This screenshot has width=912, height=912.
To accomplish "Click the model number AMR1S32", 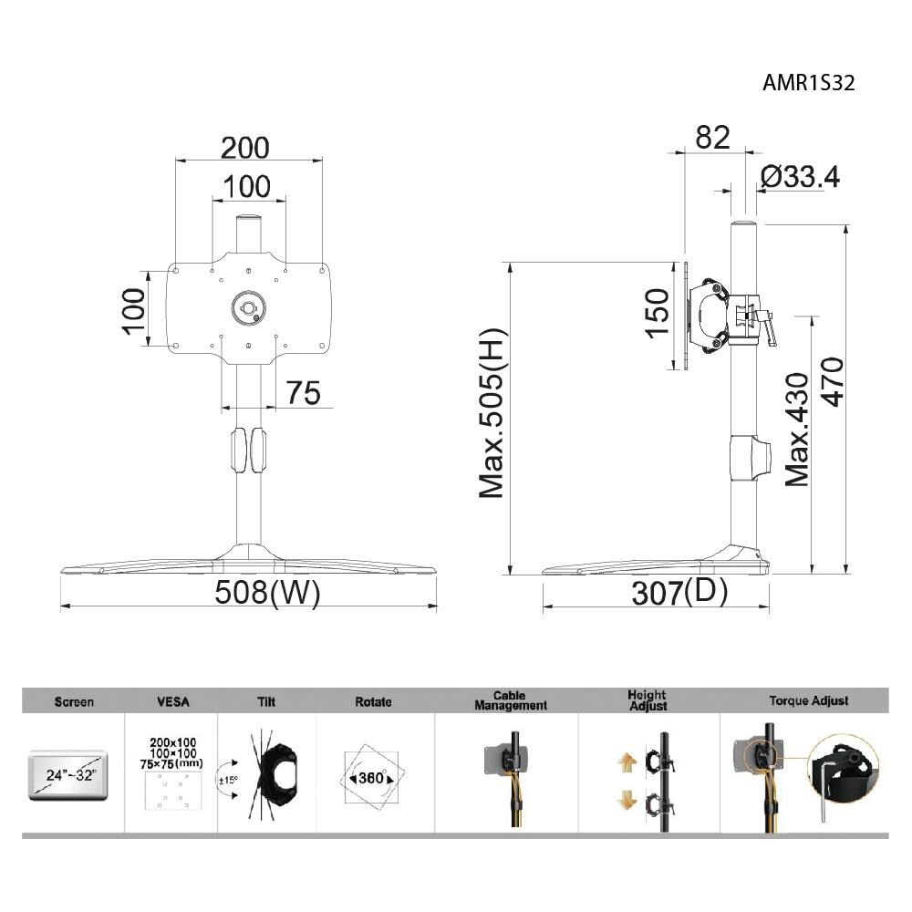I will pyautogui.click(x=808, y=83).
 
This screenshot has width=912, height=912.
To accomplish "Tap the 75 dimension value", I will pyautogui.click(x=303, y=393).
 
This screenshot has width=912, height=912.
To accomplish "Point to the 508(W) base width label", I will pyautogui.click(x=267, y=593).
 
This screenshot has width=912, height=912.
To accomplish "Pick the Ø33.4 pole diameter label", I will pyautogui.click(x=799, y=177).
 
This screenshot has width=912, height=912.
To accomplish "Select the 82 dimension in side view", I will pyautogui.click(x=712, y=137).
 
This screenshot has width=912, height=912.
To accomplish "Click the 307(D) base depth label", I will pyautogui.click(x=680, y=593).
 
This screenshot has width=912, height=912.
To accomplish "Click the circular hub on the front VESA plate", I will pyautogui.click(x=247, y=306).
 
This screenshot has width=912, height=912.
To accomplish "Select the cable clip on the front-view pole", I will pyautogui.click(x=249, y=451).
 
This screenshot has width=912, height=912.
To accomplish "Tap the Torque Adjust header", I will pyautogui.click(x=808, y=700).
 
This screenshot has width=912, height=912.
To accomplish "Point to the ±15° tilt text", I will pyautogui.click(x=228, y=780).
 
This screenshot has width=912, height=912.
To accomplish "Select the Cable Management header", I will pyautogui.click(x=510, y=700).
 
